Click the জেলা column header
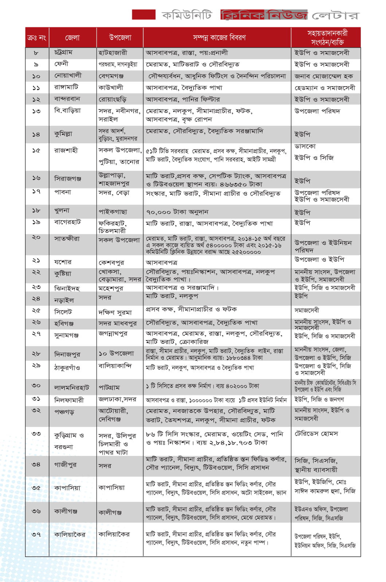(x=72, y=37)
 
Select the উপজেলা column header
(x=120, y=37)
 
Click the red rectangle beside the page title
(x=143, y=15)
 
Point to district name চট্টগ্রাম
(x=63, y=52)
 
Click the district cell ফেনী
(x=61, y=64)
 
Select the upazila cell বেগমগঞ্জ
(x=111, y=76)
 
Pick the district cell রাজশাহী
(x=66, y=150)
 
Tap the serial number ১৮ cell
(x=36, y=211)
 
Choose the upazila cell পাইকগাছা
(x=113, y=212)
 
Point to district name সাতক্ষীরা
(x=67, y=239)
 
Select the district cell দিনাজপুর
(x=67, y=354)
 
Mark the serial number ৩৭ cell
(x=36, y=534)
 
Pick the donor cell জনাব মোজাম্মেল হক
(x=323, y=76)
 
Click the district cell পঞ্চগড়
(x=64, y=412)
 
